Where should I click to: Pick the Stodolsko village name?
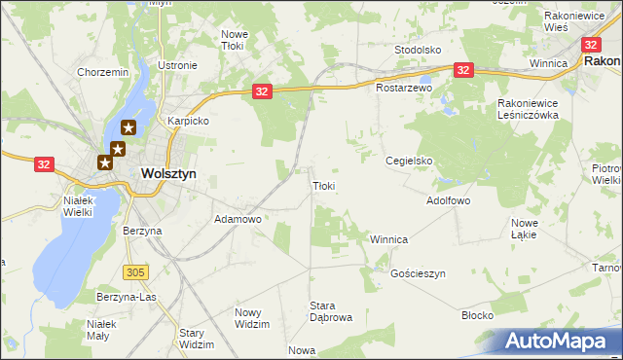click(x=419, y=49)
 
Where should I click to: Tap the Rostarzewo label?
click(x=404, y=88)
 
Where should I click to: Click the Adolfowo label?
click(x=449, y=200)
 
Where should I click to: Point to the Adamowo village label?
click(x=238, y=220)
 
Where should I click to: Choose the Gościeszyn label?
click(x=418, y=274)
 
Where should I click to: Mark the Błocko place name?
click(x=478, y=316)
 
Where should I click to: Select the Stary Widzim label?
click(x=197, y=339)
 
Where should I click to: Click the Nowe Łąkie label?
click(x=531, y=229)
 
